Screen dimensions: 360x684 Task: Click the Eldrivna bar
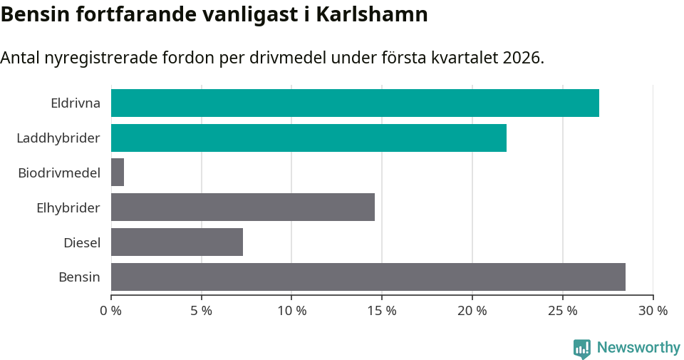(x=355, y=103)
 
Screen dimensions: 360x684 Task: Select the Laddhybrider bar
(x=309, y=138)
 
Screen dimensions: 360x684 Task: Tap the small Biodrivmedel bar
(x=118, y=173)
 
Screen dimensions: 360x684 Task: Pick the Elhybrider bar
(x=243, y=207)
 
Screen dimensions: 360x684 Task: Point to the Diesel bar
(x=177, y=242)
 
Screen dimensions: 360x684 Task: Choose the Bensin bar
(x=368, y=277)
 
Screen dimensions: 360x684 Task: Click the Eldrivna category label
(x=76, y=103)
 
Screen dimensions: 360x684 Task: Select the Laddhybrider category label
(x=58, y=138)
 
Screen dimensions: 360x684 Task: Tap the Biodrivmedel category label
(x=59, y=173)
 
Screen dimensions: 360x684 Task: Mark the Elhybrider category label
(x=68, y=207)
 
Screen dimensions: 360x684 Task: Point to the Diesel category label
(x=82, y=242)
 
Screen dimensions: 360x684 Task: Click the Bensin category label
(x=79, y=277)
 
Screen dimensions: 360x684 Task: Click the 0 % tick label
(x=111, y=311)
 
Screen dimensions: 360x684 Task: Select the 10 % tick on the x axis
(x=292, y=311)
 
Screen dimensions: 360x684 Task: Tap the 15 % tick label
(x=382, y=311)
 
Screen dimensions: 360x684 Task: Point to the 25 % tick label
(x=563, y=311)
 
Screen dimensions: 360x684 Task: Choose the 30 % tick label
(x=653, y=311)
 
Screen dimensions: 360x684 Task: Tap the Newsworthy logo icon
(x=581, y=348)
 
